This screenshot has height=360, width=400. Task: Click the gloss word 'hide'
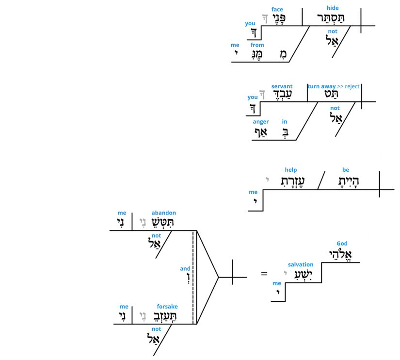[x=333, y=8]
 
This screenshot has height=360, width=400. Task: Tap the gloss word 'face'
[x=277, y=9]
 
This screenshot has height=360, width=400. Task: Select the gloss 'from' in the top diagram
[x=257, y=45]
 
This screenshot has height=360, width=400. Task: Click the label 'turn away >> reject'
[x=334, y=86]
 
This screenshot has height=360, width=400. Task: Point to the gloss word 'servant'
[x=282, y=86]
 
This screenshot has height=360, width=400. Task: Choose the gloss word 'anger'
[x=261, y=122]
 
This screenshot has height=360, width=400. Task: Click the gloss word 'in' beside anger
[x=285, y=122]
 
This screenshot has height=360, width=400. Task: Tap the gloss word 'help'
[x=291, y=170]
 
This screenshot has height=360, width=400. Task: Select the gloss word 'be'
[x=346, y=170]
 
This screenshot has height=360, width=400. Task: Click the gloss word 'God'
[x=342, y=244]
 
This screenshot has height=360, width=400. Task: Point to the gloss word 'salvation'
[x=301, y=264]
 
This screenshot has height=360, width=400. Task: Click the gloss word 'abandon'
[x=164, y=213]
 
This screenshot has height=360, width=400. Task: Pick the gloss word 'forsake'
[x=167, y=306]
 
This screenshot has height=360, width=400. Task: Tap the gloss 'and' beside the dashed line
[x=185, y=268]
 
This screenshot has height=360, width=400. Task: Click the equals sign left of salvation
[x=264, y=274]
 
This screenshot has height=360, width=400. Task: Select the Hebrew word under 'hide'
[x=333, y=18]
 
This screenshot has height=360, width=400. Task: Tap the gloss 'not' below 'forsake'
[x=157, y=329]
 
